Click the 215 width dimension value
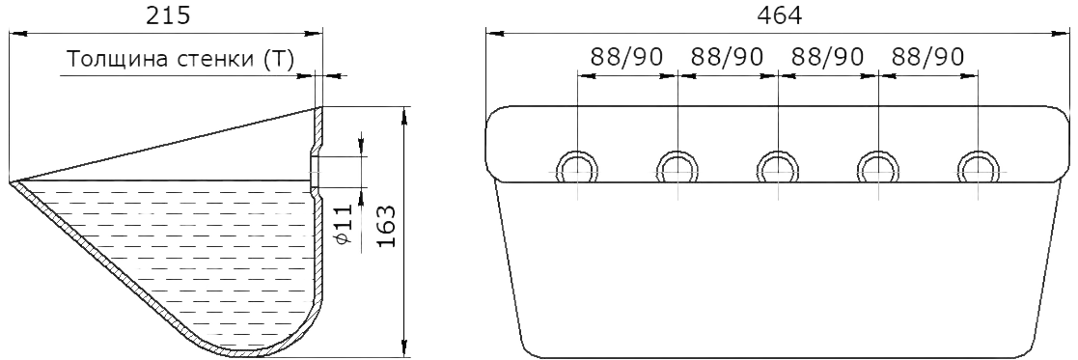point(167,15)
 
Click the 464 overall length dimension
point(779,15)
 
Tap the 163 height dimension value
point(387,228)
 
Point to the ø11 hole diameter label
point(346,224)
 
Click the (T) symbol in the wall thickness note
point(279,61)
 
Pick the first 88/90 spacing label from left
point(627,57)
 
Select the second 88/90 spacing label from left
point(728,57)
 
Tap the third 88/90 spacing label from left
point(828,57)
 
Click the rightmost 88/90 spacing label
point(927,57)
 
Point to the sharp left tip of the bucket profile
point(11,182)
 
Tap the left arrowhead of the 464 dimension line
point(493,33)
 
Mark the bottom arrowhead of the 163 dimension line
point(404,349)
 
